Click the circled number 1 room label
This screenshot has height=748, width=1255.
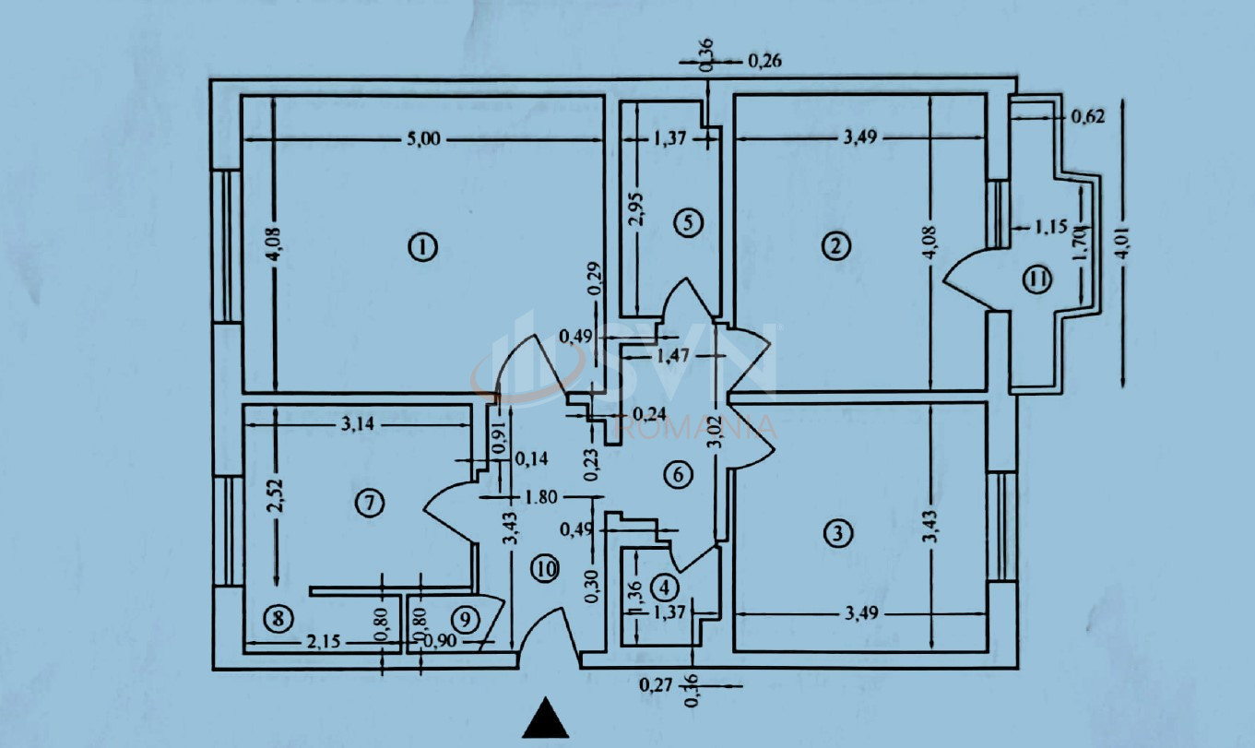click(423, 248)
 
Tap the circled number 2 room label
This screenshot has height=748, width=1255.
click(835, 246)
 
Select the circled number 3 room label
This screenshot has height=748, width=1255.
click(838, 532)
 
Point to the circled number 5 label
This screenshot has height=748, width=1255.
click(689, 222)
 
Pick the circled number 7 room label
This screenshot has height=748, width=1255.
click(370, 503)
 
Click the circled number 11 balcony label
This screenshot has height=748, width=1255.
click(1037, 279)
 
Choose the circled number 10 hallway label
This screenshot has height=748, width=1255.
click(545, 569)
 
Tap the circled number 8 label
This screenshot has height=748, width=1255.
click(278, 619)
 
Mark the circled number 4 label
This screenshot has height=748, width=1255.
click(665, 588)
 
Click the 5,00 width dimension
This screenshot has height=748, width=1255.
click(423, 138)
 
